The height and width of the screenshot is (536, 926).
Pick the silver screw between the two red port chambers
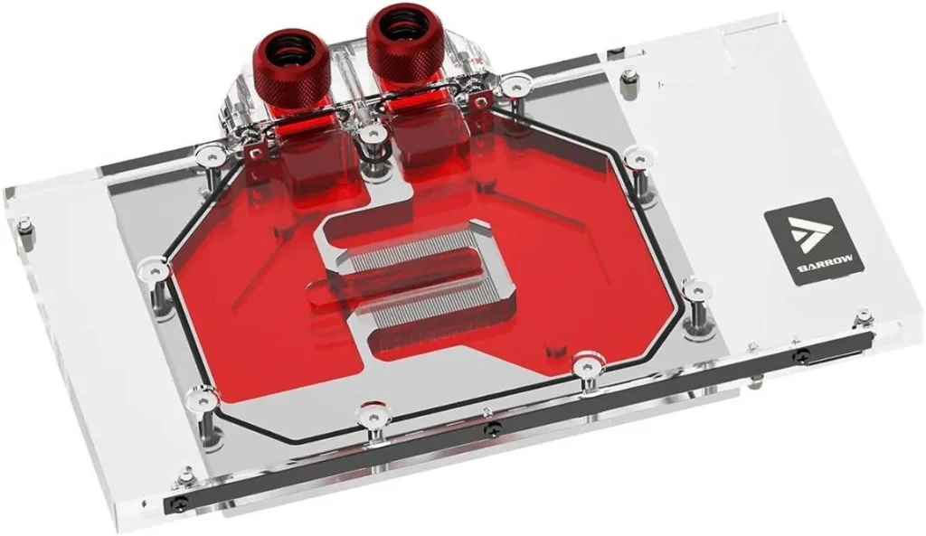point(370,136)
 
